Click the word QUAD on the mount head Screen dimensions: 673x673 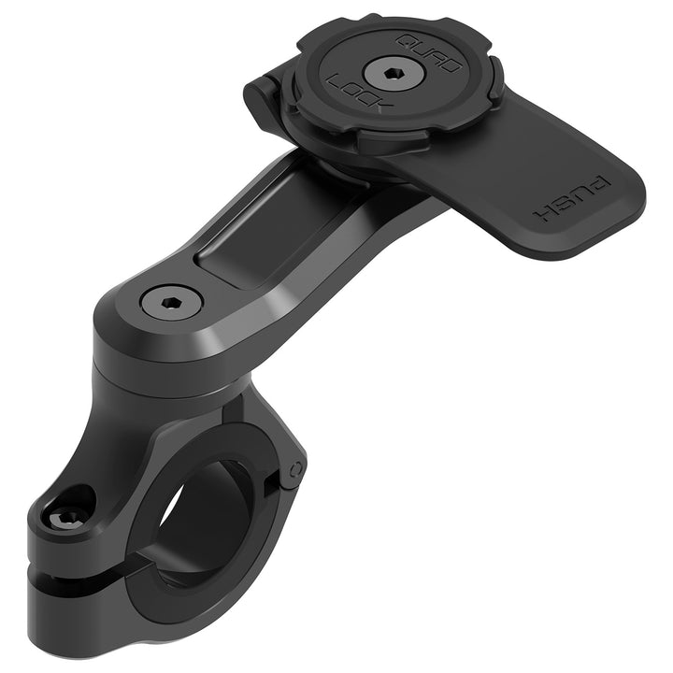429,51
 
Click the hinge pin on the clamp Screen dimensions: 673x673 295,467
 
